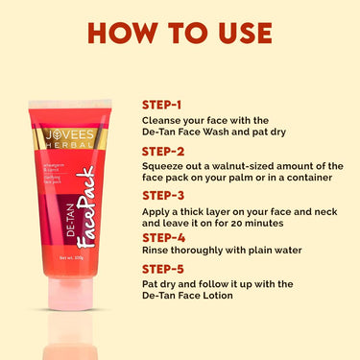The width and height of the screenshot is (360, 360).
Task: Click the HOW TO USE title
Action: pyautogui.click(x=180, y=32)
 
